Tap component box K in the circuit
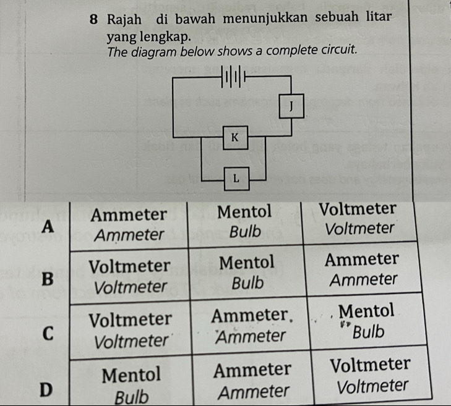(x=234, y=137)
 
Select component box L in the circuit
(x=235, y=178)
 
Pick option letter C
(x=46, y=333)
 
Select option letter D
(x=44, y=390)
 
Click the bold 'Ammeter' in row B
(x=363, y=258)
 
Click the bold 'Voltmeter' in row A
(x=358, y=208)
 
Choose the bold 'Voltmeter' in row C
(x=130, y=319)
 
